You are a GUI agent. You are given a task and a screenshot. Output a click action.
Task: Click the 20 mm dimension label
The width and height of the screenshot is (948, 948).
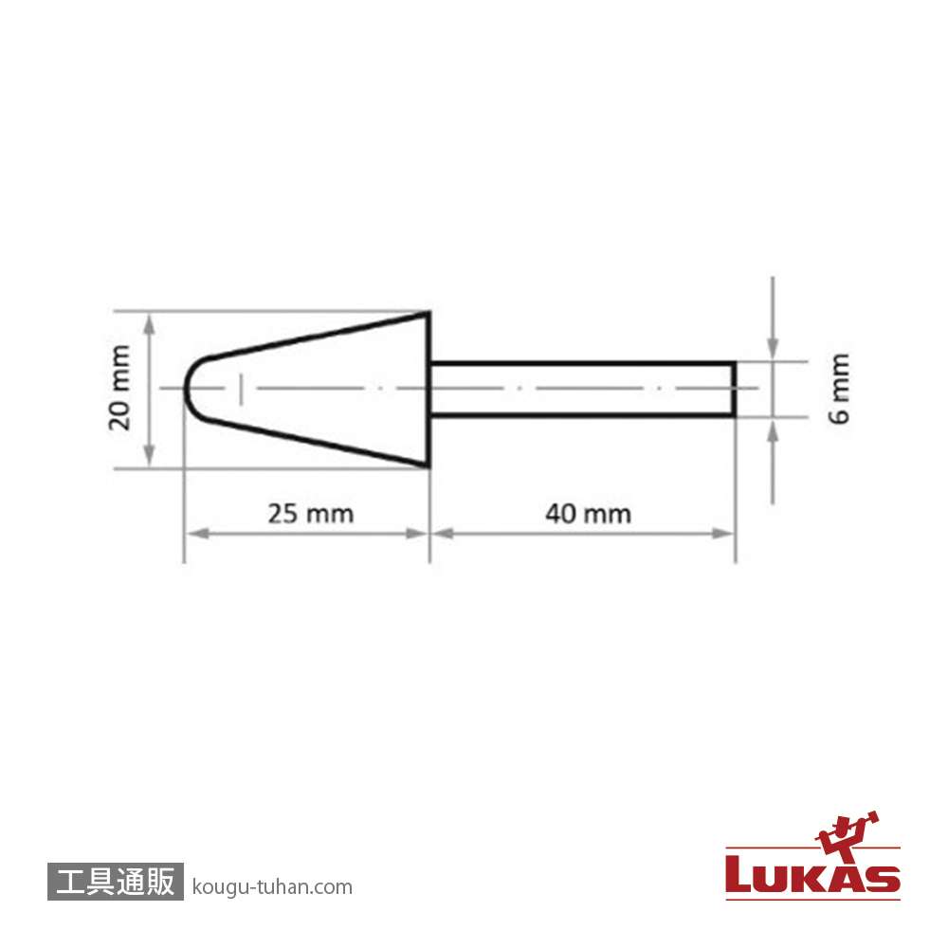(x=119, y=388)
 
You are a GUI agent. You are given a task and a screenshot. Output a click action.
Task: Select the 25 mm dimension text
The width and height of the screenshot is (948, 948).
(x=311, y=514)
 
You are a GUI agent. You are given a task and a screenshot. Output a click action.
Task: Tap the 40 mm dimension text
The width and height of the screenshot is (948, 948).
(x=589, y=514)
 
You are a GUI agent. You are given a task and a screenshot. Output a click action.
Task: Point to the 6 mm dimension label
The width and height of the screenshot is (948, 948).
(x=839, y=389)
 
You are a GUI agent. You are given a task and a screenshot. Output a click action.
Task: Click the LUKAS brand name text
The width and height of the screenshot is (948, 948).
(x=812, y=875)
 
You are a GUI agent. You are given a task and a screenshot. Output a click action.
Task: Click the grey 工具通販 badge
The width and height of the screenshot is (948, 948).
(x=116, y=881)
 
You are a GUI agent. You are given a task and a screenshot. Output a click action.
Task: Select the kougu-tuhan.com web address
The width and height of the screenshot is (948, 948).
(x=272, y=887)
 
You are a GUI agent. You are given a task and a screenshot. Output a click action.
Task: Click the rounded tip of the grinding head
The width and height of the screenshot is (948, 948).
(x=185, y=388)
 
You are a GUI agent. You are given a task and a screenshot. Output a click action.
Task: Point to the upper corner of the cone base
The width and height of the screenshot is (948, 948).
(x=428, y=313)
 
